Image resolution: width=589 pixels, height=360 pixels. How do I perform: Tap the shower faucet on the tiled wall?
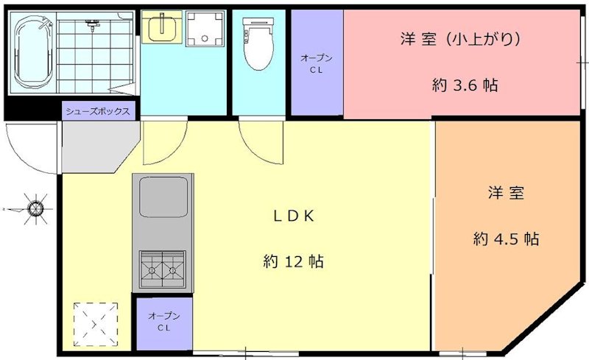coord(92,27)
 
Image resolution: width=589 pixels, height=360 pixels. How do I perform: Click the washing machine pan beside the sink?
coord(203,28)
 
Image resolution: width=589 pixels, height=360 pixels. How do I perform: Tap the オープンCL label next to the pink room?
coord(317,64)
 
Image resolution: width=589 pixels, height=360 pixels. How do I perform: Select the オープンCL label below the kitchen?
coord(163,322)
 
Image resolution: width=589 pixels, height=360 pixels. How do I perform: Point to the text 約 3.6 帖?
coord(465,85)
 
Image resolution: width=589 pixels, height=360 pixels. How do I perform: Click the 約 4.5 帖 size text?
coord(506,239)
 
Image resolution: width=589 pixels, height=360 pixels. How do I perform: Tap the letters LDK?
coord(294,216)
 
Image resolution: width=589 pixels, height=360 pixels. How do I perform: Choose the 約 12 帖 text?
coord(294,261)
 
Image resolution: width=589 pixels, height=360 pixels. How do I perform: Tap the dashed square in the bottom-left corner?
coord(95,323)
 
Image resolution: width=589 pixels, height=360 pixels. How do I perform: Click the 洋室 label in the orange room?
coord(506,193)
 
